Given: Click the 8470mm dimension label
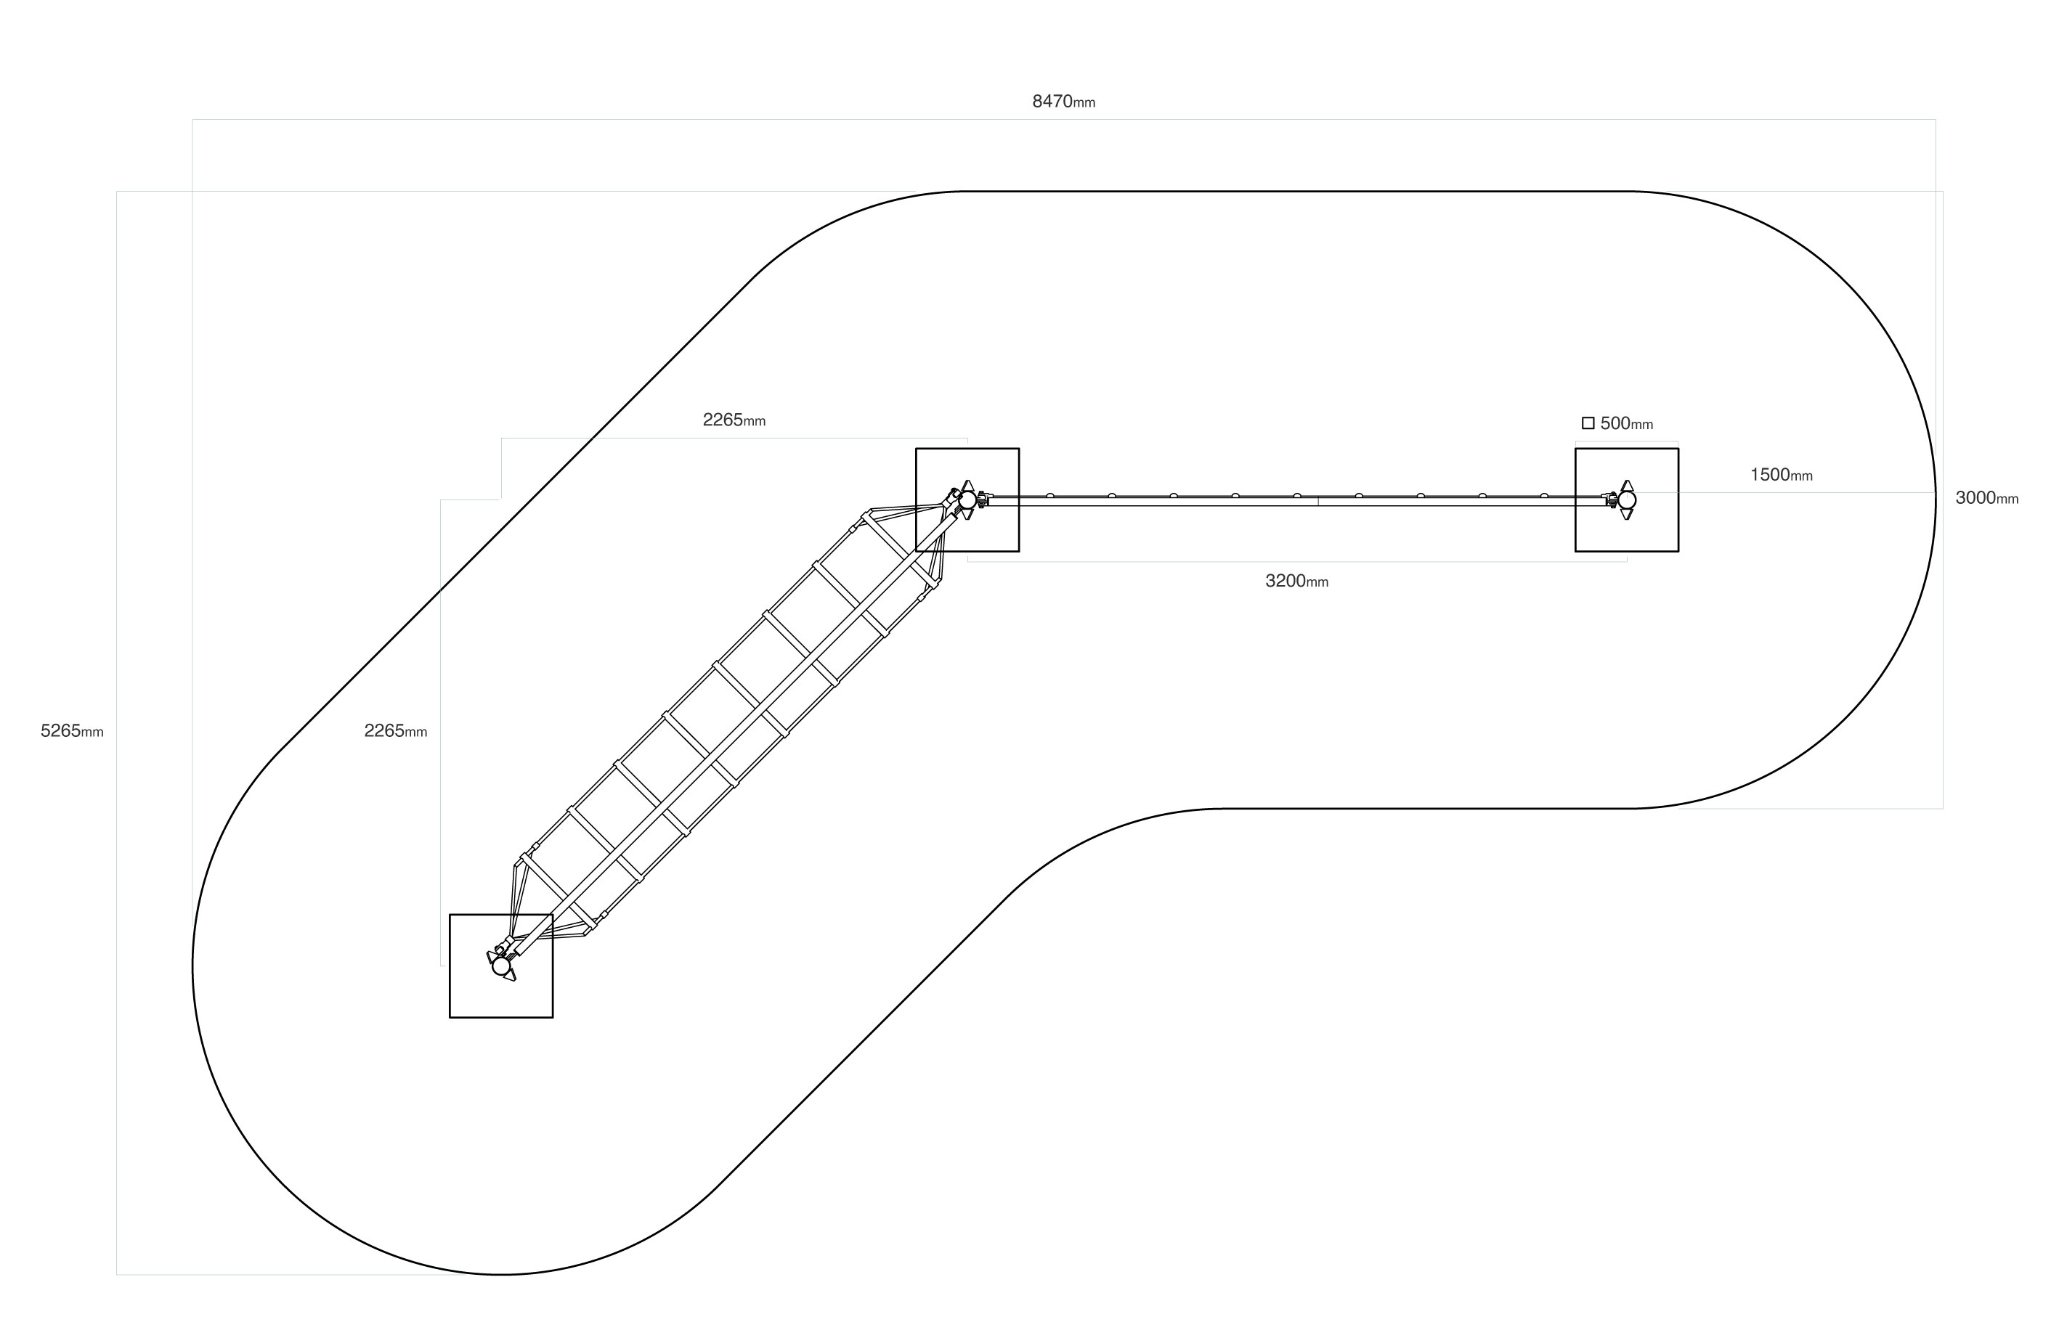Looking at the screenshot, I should (x=1063, y=101).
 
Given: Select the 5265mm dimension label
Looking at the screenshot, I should (x=72, y=731).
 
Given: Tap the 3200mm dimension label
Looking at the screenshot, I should (x=1296, y=582).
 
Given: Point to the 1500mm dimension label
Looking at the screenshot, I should (x=1780, y=475).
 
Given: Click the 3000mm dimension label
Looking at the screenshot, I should (x=1986, y=498).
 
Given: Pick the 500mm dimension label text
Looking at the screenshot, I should (x=1625, y=424).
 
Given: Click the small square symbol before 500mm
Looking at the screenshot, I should (x=1588, y=423).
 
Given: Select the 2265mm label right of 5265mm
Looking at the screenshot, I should (x=395, y=731).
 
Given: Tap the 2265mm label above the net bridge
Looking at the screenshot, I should (x=734, y=420).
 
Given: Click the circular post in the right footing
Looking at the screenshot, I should (x=1626, y=500).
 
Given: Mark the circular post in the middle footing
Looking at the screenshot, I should (x=967, y=500).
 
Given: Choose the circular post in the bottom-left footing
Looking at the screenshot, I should (x=501, y=966).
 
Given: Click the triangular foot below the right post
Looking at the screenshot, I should (x=1626, y=515).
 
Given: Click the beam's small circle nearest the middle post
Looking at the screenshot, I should (x=1049, y=496).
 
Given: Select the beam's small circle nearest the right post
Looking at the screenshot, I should (x=1543, y=496).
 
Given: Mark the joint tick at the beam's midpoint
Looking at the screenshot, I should (x=1317, y=501).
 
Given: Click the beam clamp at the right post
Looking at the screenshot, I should (x=1610, y=500).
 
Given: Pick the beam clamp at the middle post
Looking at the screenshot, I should (x=983, y=500).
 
